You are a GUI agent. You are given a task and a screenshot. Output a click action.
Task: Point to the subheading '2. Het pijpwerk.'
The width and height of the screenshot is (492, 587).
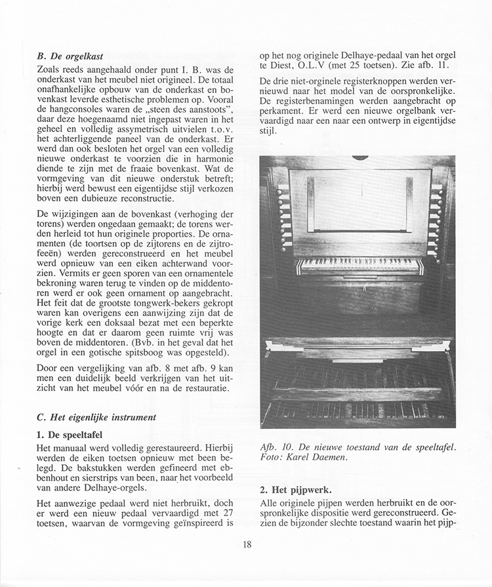tap(295, 490)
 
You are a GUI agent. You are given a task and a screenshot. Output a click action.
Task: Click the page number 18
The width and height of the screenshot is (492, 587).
tap(246, 544)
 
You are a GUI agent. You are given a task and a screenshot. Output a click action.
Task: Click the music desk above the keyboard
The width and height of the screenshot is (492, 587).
tap(359, 201)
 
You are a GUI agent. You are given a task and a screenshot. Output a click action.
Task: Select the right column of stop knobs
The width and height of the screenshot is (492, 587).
tap(436, 220)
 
